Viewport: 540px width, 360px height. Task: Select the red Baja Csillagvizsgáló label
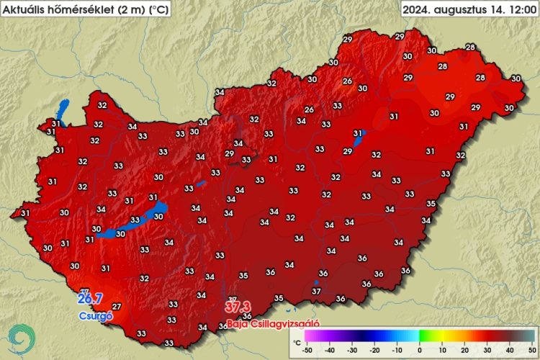point(272,324)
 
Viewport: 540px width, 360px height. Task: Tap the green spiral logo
point(22,338)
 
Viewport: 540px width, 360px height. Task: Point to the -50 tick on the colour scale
point(307,351)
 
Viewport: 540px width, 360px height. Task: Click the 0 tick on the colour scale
point(419,351)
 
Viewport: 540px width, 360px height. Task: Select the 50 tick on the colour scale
point(531,351)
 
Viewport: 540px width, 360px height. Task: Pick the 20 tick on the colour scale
point(464,351)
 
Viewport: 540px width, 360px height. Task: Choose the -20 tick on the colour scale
point(374,351)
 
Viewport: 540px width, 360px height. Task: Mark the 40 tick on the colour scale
point(509,351)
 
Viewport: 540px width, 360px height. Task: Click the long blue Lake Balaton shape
point(133,223)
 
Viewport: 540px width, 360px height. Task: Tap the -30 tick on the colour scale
point(352,351)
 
